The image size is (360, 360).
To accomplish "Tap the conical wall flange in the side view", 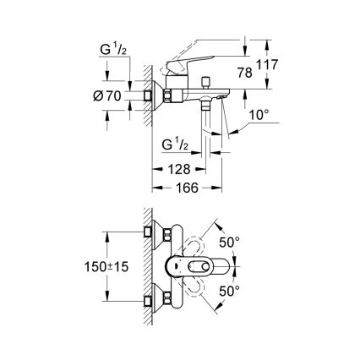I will pyautogui.click(x=153, y=97).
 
